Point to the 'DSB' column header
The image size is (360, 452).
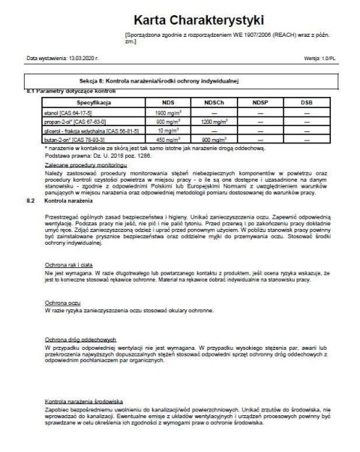pyautogui.click(x=307, y=101)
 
